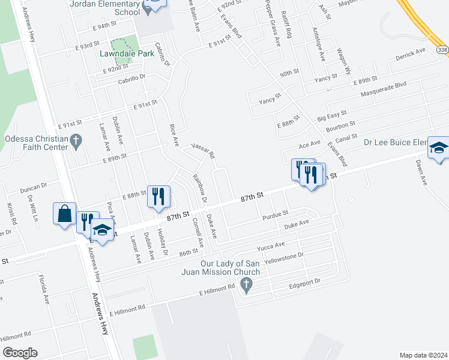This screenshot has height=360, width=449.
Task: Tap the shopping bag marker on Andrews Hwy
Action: click(64, 214)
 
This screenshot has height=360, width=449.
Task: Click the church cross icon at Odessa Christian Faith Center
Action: click(75, 142)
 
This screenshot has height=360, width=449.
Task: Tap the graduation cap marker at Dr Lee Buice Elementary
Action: click(438, 148)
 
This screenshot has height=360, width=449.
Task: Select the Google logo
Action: click(20, 352)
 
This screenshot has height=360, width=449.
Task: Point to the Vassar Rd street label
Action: click(203, 150)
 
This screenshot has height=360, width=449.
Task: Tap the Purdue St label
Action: click(275, 214)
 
